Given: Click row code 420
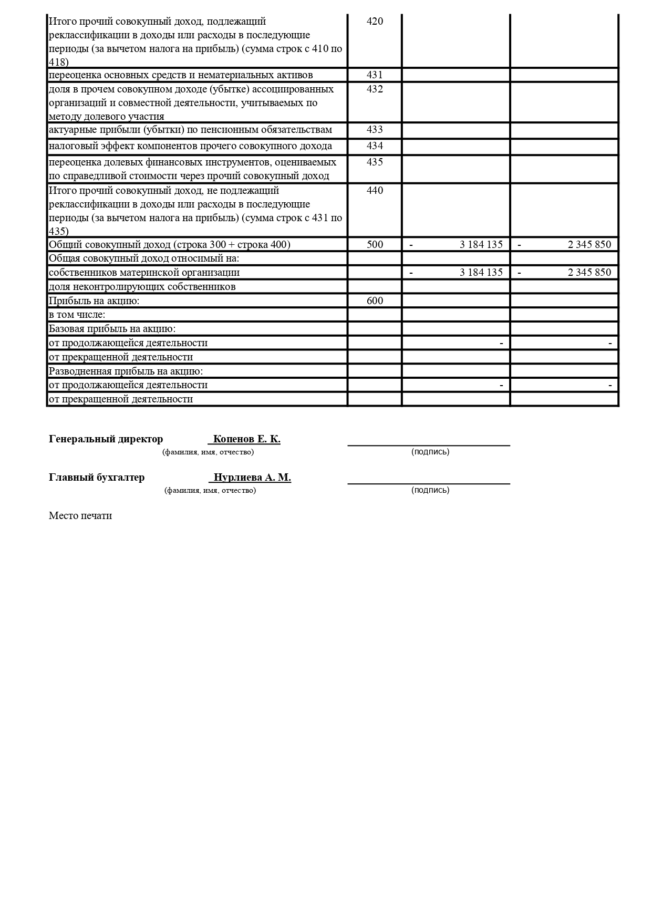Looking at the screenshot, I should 375,22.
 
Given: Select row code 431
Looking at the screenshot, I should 375,75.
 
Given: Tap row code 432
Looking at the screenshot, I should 375,89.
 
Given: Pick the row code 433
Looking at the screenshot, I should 375,130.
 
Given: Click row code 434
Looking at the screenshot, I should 375,146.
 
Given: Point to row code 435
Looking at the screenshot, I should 375,162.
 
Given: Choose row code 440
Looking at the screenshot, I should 375,191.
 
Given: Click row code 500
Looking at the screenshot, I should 375,245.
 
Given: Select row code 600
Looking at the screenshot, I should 375,301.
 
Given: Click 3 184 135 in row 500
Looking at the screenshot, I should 481,245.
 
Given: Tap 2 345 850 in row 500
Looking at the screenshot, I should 589,245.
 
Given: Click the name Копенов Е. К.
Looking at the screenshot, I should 246,439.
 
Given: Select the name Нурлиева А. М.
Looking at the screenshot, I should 252,478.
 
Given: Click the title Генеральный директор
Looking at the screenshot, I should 106,439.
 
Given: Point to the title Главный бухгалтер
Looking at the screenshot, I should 97,478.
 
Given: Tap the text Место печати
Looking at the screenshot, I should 80,516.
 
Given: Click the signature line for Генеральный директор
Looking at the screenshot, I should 429,444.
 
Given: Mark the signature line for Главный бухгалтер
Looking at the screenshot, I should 429,483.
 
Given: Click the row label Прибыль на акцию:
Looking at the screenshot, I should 94,301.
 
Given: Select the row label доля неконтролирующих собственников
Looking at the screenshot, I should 142,287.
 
